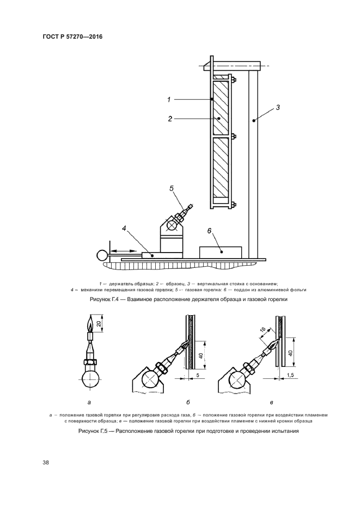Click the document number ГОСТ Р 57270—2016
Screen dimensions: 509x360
[72, 37]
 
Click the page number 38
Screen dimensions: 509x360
[46, 463]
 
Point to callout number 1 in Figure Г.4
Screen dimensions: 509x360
[169, 100]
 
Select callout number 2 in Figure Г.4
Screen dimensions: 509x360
[170, 118]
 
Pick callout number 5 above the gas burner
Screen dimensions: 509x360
[171, 188]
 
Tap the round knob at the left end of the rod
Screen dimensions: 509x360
[101, 254]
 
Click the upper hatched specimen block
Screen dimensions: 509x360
[221, 107]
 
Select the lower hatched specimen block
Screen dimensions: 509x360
[221, 167]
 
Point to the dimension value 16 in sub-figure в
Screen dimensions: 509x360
[262, 331]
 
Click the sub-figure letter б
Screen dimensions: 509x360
[188, 403]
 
